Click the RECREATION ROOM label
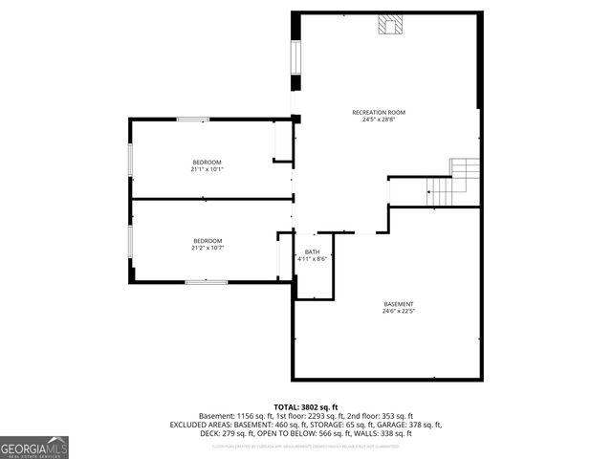[x=385, y=113]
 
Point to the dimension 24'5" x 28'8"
[x=385, y=120]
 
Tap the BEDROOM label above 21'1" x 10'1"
[x=208, y=162]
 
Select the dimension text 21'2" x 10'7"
[x=208, y=248]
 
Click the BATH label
[x=313, y=251]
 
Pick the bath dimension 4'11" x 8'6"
[x=313, y=259]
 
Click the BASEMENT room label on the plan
[x=398, y=303]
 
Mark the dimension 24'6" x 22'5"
[x=398, y=311]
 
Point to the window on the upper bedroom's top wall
[x=193, y=120]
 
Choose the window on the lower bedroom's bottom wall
[x=206, y=281]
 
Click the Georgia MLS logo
[x=34, y=448]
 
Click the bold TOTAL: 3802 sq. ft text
[x=306, y=407]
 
